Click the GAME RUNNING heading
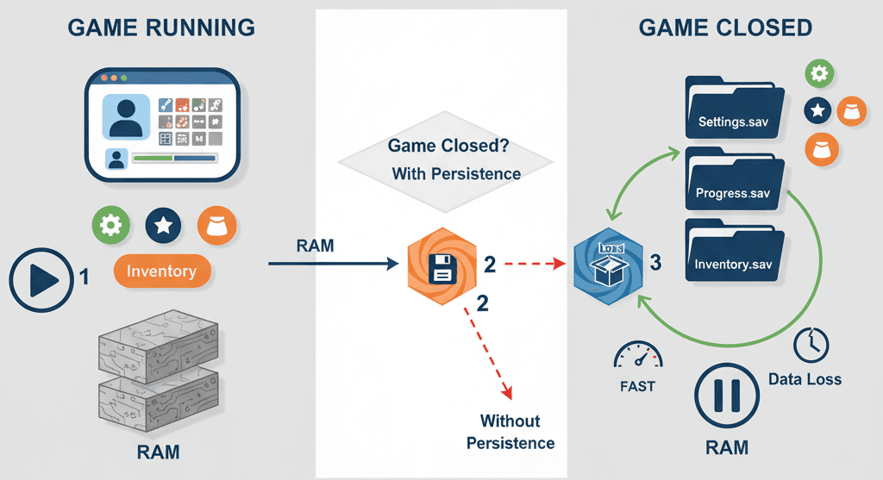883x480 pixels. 160,28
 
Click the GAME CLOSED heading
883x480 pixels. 725,28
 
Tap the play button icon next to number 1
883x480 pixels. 40,279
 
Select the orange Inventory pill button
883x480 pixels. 162,271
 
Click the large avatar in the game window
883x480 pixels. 126,116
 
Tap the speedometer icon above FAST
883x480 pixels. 637,355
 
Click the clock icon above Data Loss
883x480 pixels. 811,344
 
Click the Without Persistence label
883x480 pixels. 510,432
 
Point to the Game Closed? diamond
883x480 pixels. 444,159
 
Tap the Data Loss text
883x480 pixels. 805,379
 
